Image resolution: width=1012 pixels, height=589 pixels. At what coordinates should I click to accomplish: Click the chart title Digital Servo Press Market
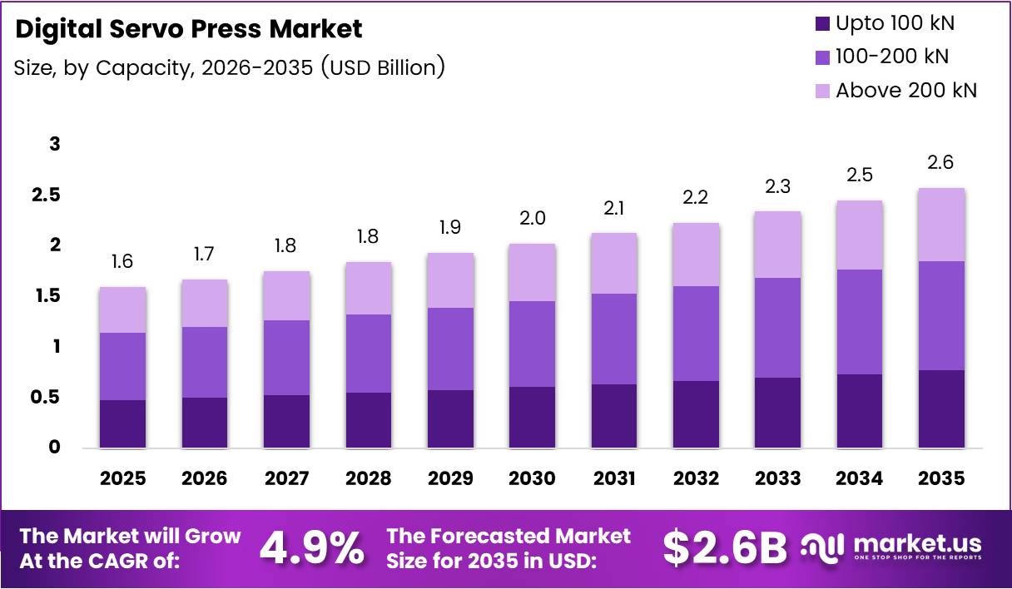tap(189, 29)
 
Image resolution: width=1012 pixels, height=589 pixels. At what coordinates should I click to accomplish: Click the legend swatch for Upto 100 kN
tap(822, 23)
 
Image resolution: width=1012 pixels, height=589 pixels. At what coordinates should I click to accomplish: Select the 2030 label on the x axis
tap(532, 478)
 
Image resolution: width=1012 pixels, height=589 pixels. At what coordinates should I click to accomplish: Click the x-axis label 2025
tap(122, 478)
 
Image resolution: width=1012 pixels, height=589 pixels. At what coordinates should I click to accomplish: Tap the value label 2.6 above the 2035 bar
tap(940, 163)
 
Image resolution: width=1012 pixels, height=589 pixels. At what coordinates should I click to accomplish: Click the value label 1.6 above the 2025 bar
tap(122, 262)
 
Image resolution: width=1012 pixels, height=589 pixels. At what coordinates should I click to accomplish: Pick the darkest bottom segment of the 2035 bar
tap(941, 408)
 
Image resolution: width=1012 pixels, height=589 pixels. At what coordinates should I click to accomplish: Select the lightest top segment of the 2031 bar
tap(613, 263)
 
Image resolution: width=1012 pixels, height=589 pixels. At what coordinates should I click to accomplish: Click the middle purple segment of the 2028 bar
tap(368, 353)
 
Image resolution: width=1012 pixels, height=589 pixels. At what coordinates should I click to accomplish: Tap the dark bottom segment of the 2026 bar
tap(204, 422)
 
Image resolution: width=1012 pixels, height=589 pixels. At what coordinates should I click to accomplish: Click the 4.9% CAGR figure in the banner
tap(312, 548)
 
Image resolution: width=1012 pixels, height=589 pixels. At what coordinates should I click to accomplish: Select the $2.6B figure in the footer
tap(725, 548)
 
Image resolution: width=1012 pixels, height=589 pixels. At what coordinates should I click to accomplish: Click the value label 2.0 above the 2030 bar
tap(532, 219)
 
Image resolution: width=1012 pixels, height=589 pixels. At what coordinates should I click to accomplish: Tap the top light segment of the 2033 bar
tap(777, 244)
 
